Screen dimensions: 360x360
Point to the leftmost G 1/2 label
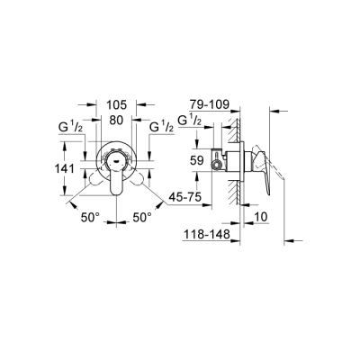tap(74, 127)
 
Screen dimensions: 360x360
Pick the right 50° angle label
tap(142, 218)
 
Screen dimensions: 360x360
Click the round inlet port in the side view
tap(220, 168)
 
